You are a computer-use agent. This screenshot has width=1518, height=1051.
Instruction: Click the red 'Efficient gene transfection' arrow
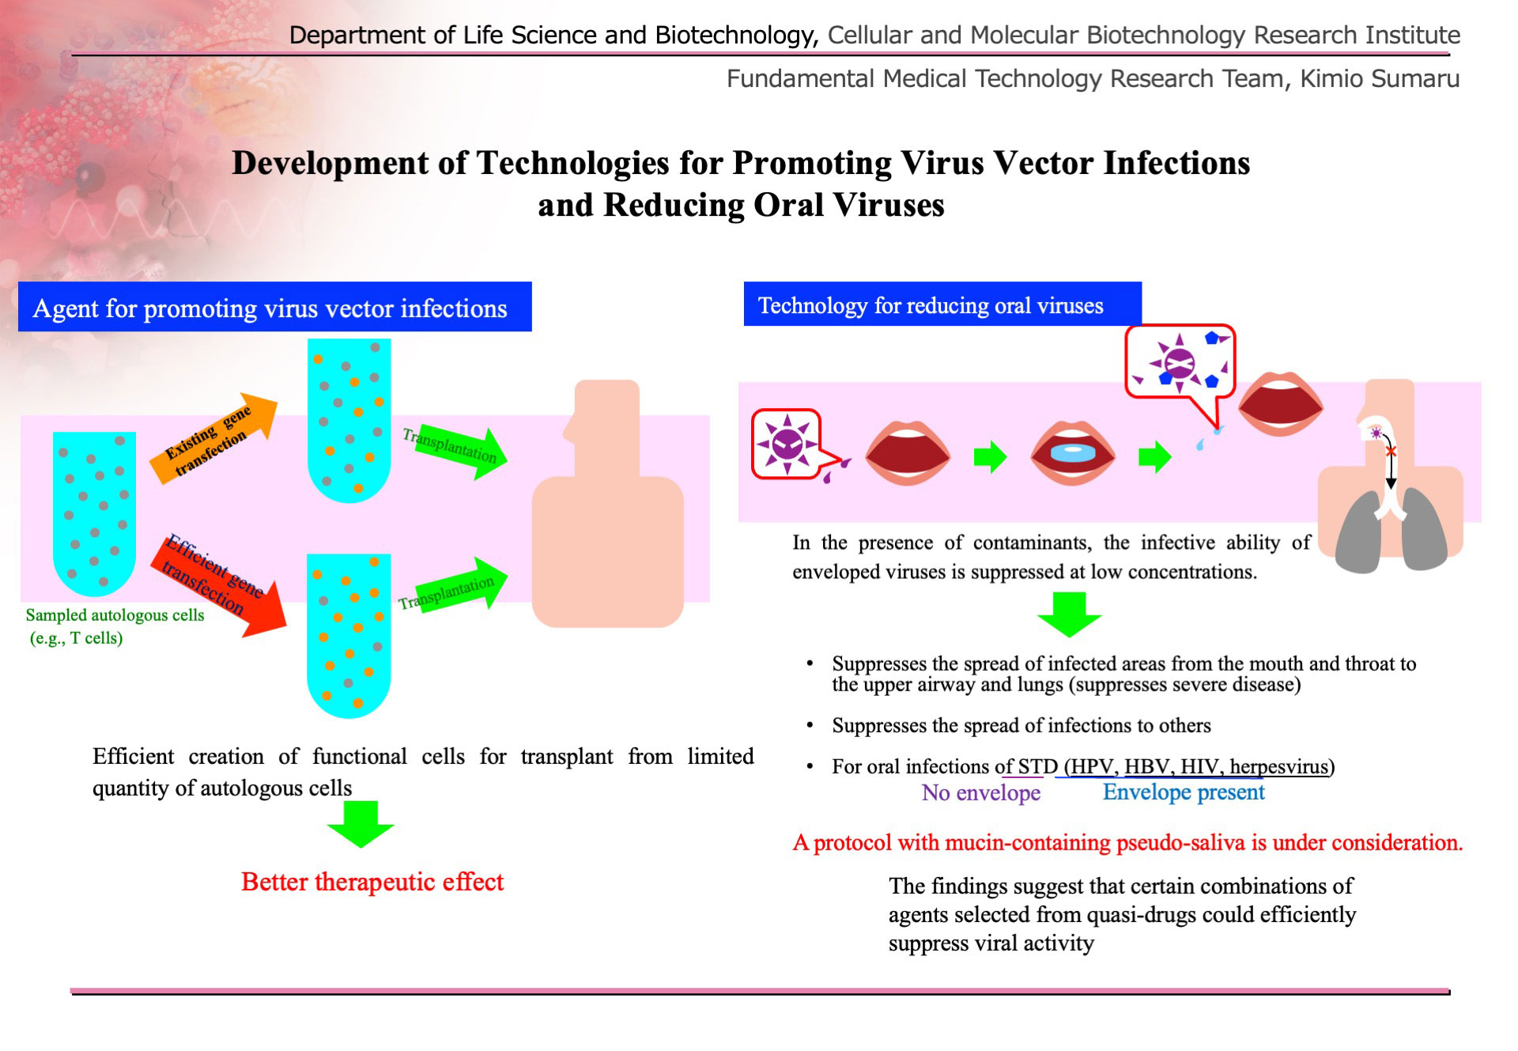[218, 586]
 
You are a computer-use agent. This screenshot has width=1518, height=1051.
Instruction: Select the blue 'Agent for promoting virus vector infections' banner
[274, 307]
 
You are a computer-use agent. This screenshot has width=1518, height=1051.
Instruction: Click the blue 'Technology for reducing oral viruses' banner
[942, 304]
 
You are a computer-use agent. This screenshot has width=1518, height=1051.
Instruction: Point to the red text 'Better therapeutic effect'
[372, 882]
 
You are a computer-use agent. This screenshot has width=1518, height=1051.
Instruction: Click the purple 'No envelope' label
[981, 792]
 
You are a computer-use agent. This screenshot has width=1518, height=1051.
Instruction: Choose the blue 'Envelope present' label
[1184, 792]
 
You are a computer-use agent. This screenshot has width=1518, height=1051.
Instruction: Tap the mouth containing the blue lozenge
[1073, 454]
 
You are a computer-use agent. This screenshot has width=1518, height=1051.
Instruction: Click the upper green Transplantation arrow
[455, 452]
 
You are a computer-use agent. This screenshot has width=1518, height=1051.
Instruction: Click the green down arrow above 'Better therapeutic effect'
[361, 824]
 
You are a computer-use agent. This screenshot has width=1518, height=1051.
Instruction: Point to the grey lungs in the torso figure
[1391, 531]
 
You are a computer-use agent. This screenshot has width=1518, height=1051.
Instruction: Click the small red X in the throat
[1391, 452]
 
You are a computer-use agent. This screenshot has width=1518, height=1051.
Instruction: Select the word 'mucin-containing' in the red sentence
[1029, 843]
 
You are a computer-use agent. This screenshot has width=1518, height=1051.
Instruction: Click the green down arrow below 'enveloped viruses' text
[1069, 614]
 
